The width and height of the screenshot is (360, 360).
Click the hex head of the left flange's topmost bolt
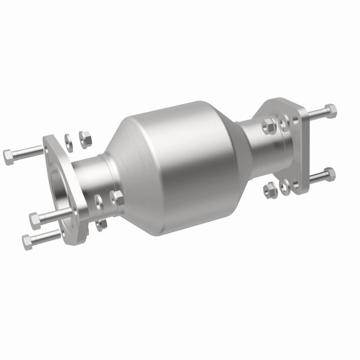pyautogui.click(x=9, y=156)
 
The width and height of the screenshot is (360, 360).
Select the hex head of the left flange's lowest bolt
pyautogui.click(x=27, y=242)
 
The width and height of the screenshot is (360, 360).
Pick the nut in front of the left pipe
pyautogui.click(x=117, y=197)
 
